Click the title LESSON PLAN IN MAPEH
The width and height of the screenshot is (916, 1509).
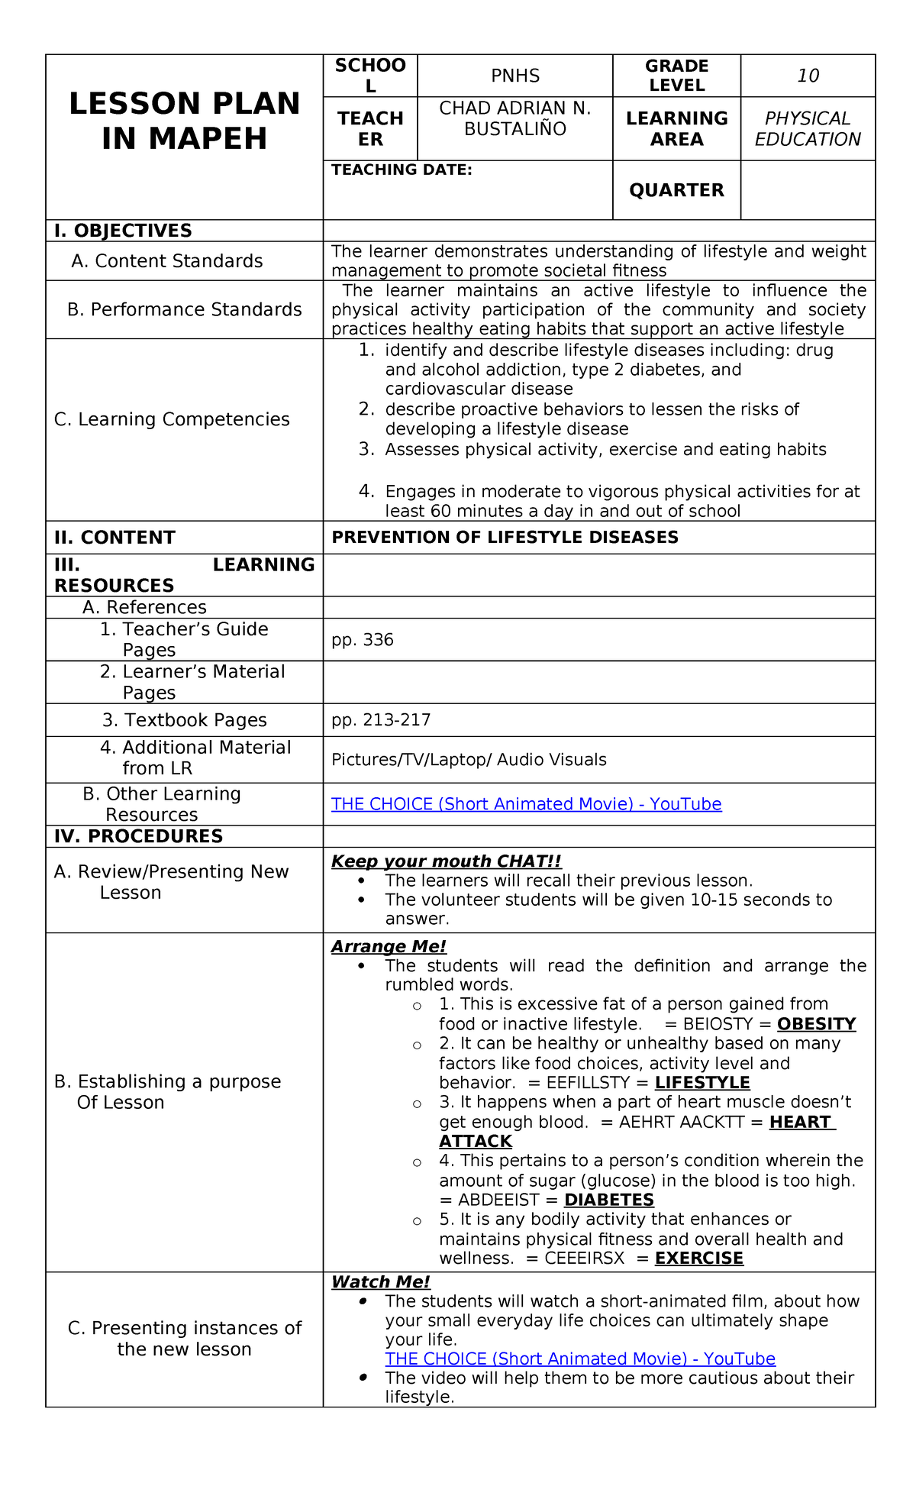(184, 121)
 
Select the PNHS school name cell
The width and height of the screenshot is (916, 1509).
(515, 76)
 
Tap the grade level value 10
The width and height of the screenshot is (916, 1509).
(808, 76)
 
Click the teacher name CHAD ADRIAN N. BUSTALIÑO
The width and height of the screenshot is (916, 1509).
(515, 119)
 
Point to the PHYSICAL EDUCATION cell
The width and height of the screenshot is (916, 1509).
(808, 129)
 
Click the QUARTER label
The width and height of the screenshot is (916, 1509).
(676, 190)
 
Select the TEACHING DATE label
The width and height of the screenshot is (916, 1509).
(402, 170)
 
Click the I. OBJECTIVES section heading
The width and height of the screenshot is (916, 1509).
(123, 231)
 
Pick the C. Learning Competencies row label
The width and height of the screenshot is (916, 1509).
(172, 419)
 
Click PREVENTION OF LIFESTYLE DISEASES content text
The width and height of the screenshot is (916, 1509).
(505, 538)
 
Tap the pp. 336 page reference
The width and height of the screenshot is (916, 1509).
(363, 640)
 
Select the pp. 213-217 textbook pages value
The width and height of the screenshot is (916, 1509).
(381, 720)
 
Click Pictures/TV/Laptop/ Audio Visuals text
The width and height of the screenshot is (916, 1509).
(469, 760)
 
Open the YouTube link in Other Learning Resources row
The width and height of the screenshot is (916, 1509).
(526, 804)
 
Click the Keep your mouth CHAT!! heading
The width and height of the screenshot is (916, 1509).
(446, 861)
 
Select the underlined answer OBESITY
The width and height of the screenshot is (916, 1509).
(816, 1024)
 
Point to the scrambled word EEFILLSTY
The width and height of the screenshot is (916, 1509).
(588, 1083)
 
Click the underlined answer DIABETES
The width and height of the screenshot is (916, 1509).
(608, 1200)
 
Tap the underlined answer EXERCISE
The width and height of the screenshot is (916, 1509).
(698, 1259)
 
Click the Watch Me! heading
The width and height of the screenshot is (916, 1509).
(380, 1282)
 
